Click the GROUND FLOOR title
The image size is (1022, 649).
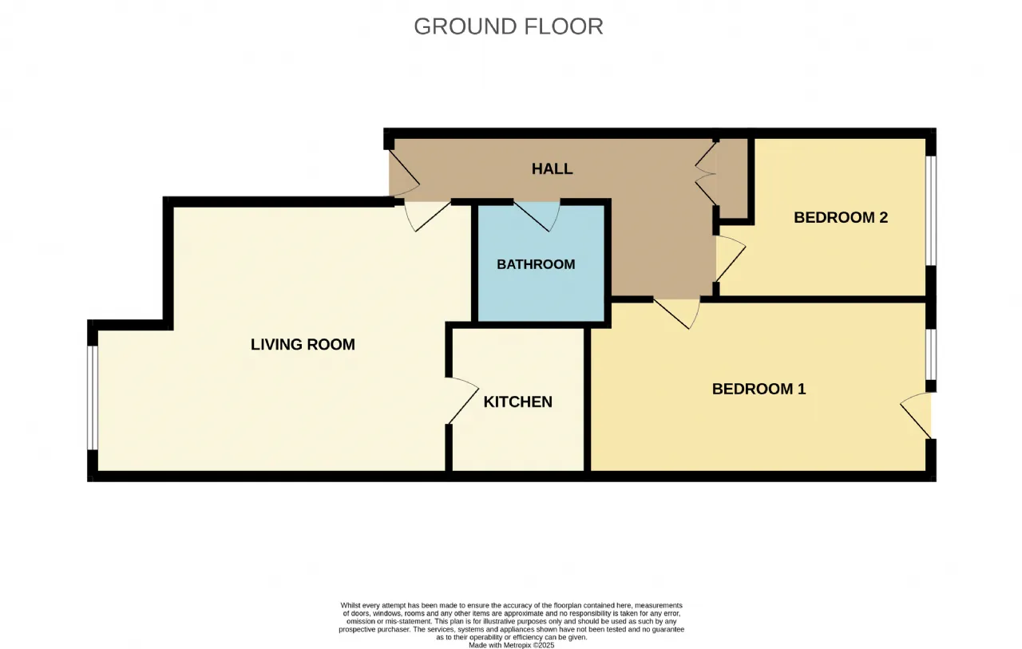509,26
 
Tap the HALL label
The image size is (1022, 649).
552,168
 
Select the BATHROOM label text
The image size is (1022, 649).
536,264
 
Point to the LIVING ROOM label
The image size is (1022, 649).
303,344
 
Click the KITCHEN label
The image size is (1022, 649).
518,402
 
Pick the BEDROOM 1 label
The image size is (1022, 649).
759,389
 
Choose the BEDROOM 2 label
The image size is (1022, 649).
841,217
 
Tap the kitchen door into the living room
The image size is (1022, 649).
462,401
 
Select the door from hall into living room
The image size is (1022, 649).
427,216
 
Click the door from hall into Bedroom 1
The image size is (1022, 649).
677,314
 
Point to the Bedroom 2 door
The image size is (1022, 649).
731,259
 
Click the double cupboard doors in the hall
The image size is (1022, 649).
705,173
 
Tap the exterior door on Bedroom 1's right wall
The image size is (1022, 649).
916,415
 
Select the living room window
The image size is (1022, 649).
93,398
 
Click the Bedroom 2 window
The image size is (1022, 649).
931,211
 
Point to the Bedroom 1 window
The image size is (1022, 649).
931,354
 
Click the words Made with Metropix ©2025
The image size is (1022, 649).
511,645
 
